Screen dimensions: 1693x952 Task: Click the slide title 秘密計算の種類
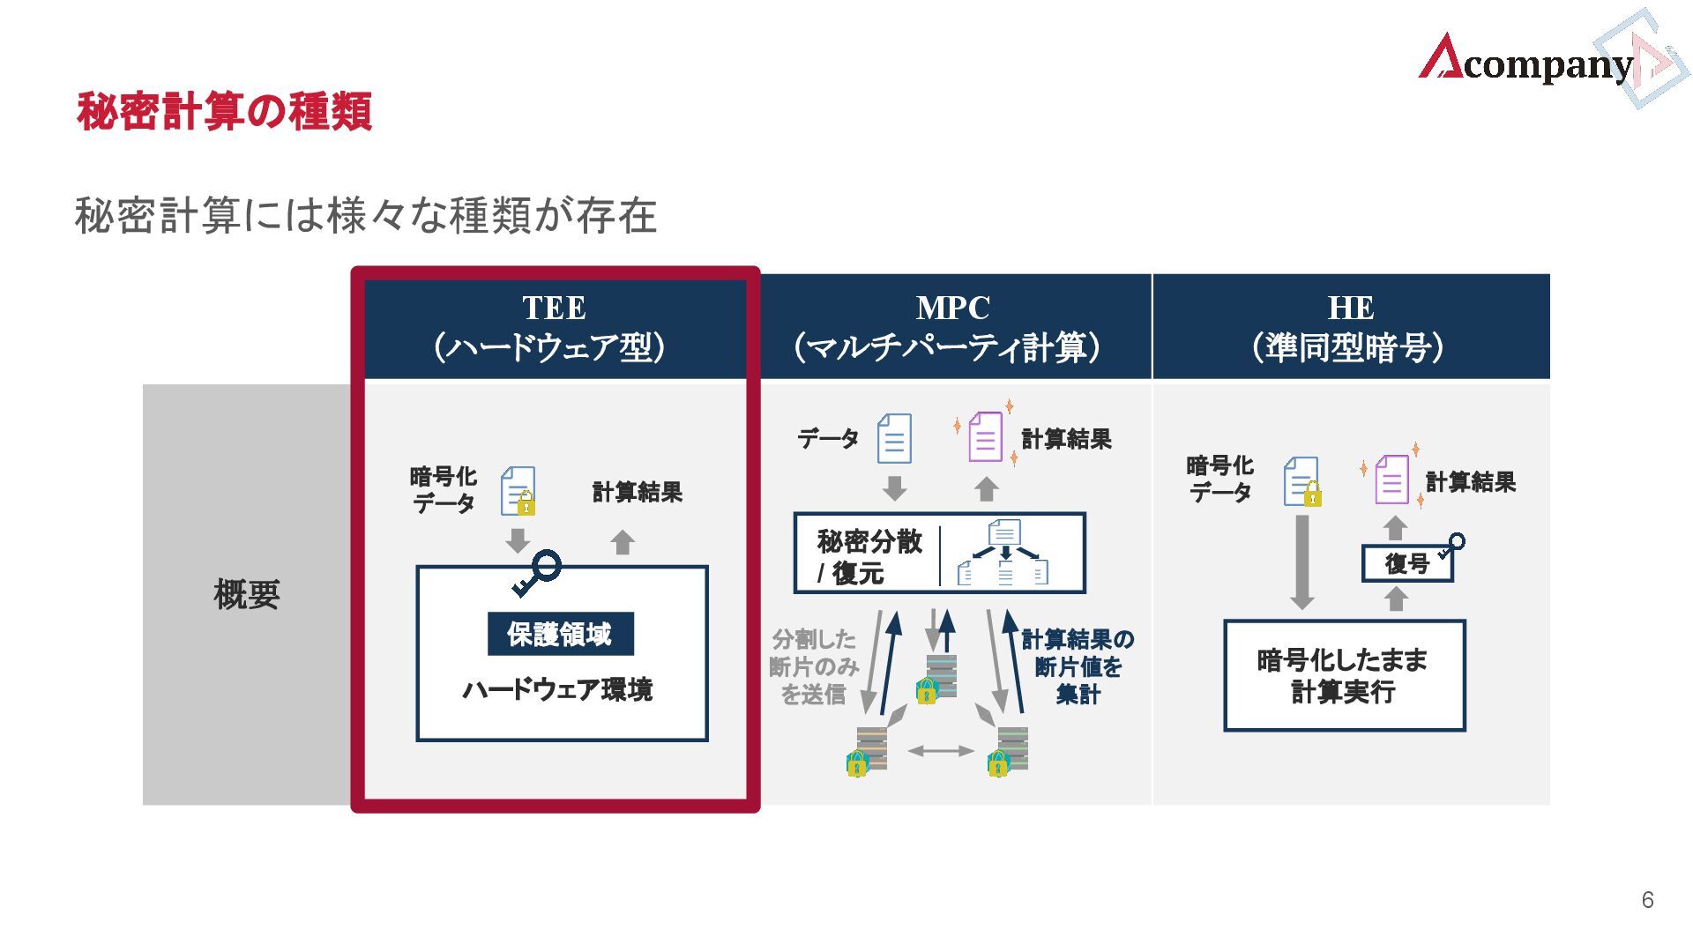point(224,112)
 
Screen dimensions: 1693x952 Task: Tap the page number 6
point(1647,899)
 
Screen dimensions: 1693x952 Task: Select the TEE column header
point(554,327)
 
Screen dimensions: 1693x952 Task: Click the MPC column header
point(952,327)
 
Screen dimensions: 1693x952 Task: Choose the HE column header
point(1350,327)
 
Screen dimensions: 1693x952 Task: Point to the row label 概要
point(246,595)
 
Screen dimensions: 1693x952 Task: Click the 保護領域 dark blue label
point(560,634)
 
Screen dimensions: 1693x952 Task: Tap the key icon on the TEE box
point(537,573)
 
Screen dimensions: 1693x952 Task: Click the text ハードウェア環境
point(558,689)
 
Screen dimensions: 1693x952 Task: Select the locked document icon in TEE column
point(518,491)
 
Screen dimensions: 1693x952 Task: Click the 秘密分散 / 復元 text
point(869,556)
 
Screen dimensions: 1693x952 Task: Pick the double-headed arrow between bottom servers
point(941,751)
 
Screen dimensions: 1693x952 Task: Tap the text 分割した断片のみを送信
point(813,666)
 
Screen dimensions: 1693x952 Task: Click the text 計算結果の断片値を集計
point(1078,666)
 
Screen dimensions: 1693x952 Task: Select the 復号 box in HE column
point(1406,563)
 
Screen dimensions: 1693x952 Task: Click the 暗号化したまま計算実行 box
point(1344,676)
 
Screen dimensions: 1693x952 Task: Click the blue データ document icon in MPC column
point(894,438)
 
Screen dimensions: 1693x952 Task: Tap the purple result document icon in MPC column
point(986,437)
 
